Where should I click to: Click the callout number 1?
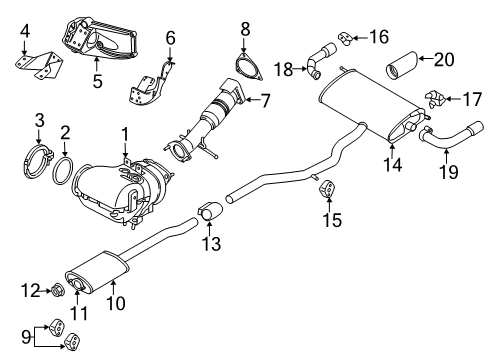pos(125,132)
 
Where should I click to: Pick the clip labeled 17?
pos(434,98)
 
